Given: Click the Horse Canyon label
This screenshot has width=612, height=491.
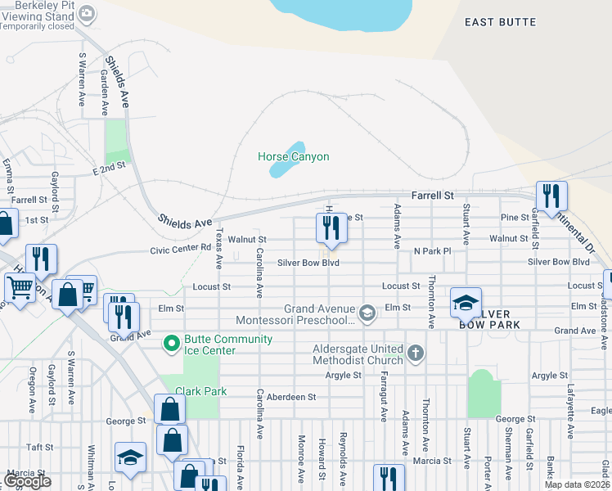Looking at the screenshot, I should (x=293, y=156).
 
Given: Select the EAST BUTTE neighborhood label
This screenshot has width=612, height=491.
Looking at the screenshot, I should (x=500, y=22).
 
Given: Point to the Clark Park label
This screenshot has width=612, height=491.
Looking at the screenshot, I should (x=201, y=391).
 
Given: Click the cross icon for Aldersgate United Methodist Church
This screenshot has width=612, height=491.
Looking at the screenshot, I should (x=416, y=354).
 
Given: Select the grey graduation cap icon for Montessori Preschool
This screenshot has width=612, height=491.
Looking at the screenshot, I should (x=368, y=313).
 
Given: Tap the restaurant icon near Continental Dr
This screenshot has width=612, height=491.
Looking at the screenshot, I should (x=551, y=196).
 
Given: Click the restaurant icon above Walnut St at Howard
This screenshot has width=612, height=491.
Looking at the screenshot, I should (x=331, y=228).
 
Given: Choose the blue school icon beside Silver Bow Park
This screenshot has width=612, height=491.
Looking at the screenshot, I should (x=466, y=303).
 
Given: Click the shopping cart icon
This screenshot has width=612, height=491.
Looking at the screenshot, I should (x=20, y=287).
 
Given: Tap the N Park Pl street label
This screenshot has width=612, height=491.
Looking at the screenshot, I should (x=432, y=250).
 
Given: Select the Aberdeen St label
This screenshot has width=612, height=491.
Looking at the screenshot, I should (x=291, y=397).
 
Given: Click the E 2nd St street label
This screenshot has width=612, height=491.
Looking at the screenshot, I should (x=109, y=167).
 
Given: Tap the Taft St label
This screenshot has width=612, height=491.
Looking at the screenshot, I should (x=39, y=448).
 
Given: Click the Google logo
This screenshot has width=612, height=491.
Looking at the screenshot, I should (x=27, y=482).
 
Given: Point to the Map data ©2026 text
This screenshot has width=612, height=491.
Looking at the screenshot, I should (x=576, y=484).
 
